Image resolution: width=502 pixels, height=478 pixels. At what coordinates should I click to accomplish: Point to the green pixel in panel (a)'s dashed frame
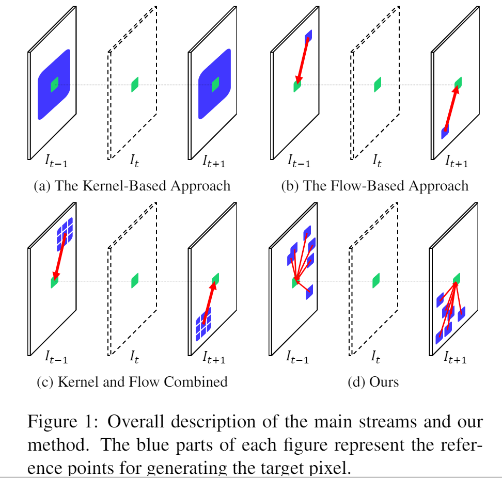click(x=135, y=84)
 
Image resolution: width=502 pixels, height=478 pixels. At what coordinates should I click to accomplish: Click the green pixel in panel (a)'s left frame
click(x=54, y=84)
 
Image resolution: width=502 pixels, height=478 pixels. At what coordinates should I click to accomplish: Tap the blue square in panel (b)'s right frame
click(x=445, y=132)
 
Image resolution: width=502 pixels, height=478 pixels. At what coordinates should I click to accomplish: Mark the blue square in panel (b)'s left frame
click(x=308, y=36)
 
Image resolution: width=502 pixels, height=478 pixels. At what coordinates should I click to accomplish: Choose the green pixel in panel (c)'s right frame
click(x=215, y=279)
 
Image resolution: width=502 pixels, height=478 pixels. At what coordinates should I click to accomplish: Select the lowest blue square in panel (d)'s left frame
click(x=309, y=292)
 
